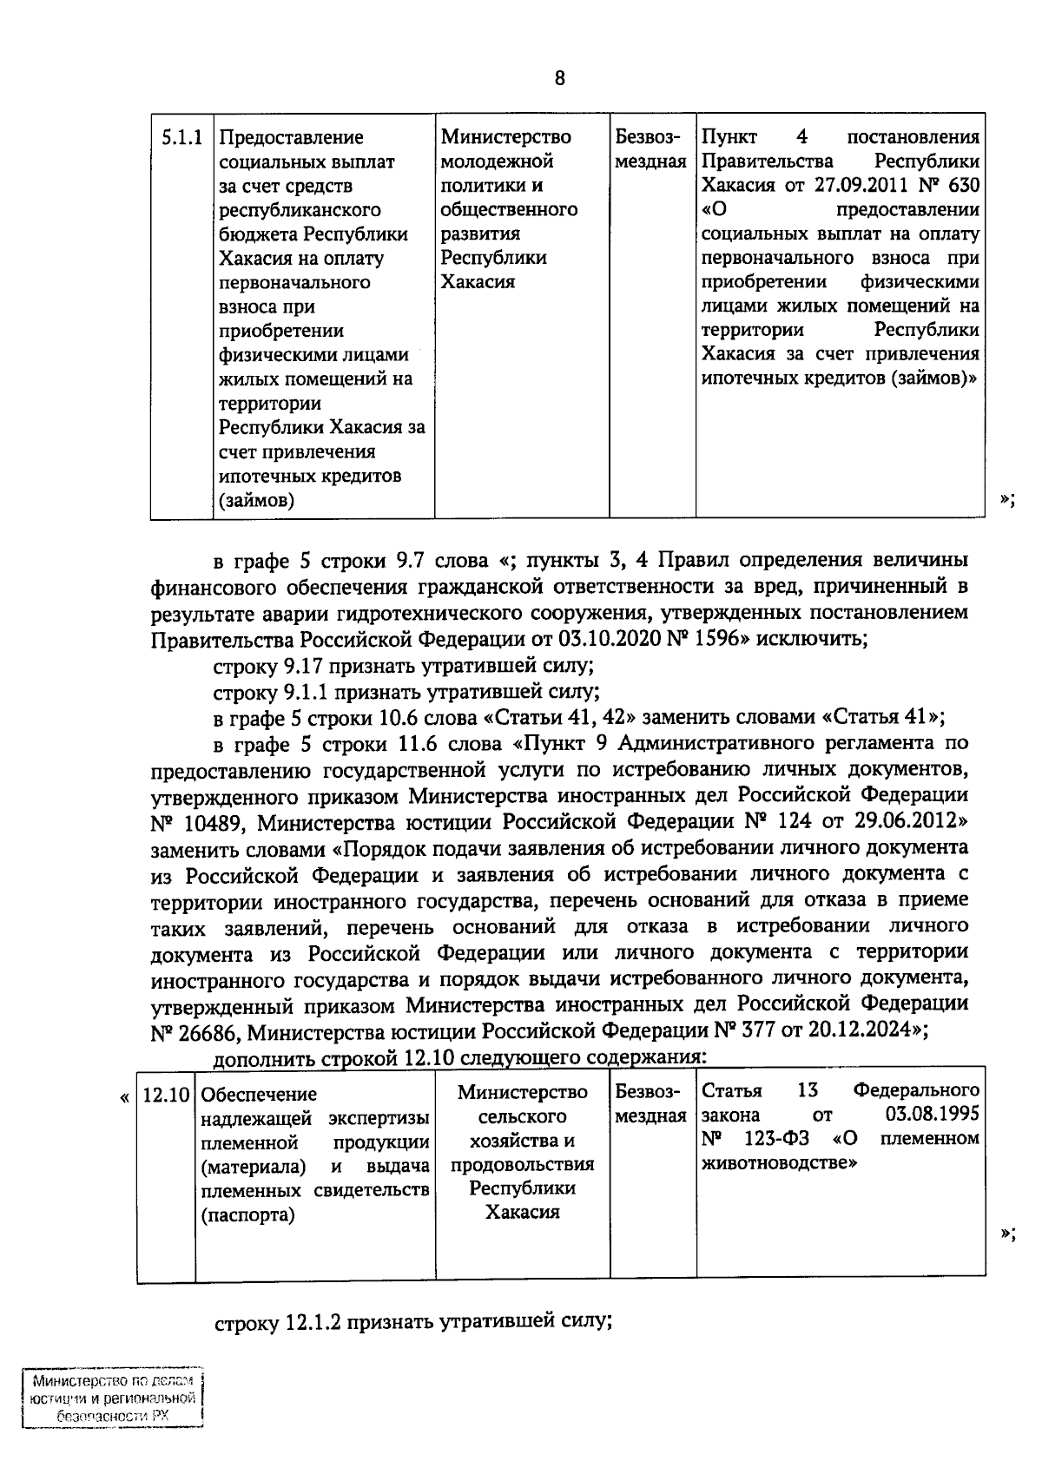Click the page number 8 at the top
point(559,79)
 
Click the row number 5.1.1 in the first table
point(182,137)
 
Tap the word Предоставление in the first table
point(291,137)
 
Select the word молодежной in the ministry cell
point(497,161)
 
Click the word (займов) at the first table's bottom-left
point(256,501)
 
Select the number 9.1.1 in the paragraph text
point(311,693)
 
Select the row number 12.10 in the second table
point(166,1095)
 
